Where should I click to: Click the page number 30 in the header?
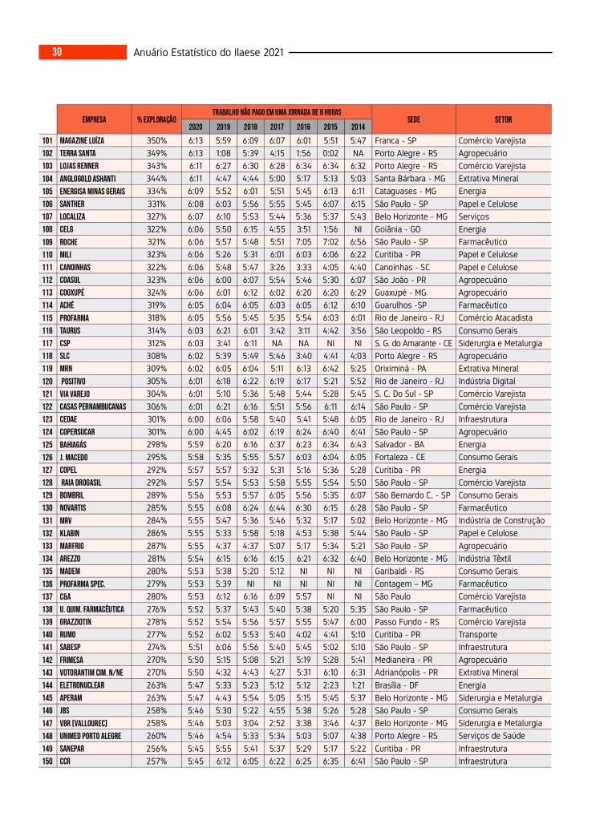pos(57,53)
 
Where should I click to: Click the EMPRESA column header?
pos(94,119)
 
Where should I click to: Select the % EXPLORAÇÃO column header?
pos(156,119)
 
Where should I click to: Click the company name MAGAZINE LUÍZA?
pos(82,141)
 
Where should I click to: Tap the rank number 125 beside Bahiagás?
pos(47,443)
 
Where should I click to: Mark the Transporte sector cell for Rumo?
pos(477,635)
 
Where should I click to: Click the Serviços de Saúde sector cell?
pos(490,735)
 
